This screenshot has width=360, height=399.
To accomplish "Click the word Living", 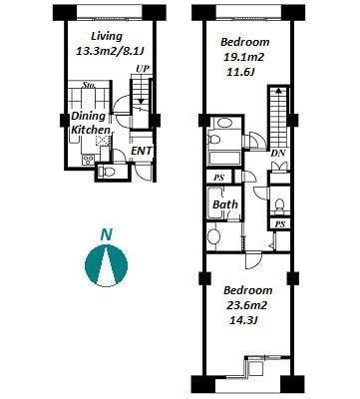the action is (107, 37).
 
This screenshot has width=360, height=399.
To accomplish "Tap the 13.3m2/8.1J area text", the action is (112, 52).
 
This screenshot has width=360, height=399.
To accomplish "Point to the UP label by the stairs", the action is (143, 69).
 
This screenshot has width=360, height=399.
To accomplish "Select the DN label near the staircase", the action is (277, 154).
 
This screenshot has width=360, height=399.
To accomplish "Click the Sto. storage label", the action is (89, 85).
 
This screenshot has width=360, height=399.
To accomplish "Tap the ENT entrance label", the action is (142, 151).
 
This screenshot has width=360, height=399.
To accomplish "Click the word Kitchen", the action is (91, 130).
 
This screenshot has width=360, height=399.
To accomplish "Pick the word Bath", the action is (225, 204).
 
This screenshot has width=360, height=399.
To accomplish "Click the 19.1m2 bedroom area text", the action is (243, 57).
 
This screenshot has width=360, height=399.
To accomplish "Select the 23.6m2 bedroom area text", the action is (246, 305).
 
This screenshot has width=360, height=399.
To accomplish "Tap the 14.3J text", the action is (244, 320).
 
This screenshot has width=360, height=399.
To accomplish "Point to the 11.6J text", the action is (240, 72).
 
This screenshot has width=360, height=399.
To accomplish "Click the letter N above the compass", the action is (106, 235).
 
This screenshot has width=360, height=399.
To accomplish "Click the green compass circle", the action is (92, 264).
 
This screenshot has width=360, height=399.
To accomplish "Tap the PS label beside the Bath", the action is (218, 178).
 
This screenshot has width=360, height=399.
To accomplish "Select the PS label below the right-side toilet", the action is (280, 224).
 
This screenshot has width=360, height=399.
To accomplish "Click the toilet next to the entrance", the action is (107, 172).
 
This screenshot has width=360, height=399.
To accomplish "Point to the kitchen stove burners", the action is (88, 160).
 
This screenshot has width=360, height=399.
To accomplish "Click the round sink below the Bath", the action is (214, 236).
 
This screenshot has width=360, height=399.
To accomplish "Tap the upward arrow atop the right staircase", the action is (278, 89).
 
